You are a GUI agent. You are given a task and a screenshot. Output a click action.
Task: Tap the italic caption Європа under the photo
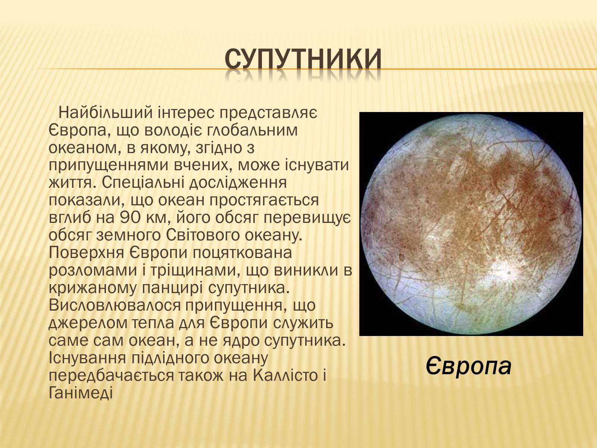click(469, 366)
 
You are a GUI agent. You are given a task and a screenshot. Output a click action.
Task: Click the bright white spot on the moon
click(508, 272)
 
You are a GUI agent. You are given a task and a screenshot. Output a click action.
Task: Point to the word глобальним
click(252, 130)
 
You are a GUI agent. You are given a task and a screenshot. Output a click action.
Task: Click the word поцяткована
click(242, 253)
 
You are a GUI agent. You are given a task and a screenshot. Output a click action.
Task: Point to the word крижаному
click(92, 288)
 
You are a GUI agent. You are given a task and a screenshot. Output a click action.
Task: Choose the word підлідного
click(169, 358)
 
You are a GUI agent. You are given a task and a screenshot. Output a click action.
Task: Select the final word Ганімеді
click(81, 393)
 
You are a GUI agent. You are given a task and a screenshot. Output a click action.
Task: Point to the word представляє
click(268, 113)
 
